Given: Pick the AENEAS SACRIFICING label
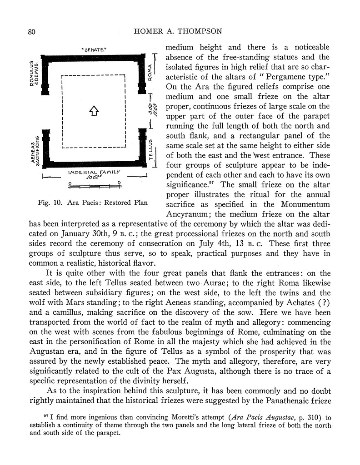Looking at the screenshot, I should click(35, 148).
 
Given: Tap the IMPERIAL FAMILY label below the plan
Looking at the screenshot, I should click(94, 173).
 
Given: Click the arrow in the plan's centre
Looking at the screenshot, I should click(93, 110).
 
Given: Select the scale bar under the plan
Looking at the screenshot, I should click(94, 185).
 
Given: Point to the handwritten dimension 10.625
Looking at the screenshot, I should click(95, 178).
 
